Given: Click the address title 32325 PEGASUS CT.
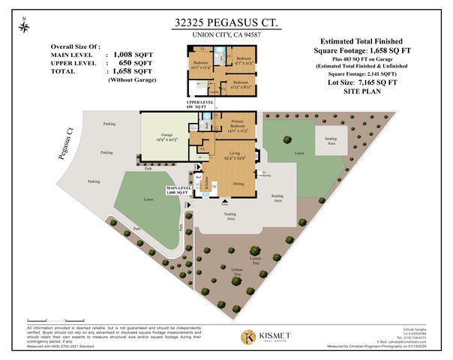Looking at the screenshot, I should [226, 23].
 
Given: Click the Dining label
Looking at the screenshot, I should [238, 182].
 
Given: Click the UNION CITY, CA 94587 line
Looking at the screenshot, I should [226, 35].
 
